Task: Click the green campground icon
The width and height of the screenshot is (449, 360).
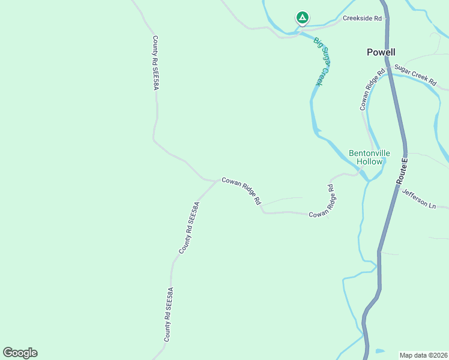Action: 303,18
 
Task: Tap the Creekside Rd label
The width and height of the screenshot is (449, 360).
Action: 362,18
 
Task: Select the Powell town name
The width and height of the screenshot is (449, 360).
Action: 381,52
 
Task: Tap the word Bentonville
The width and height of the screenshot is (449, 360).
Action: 369,153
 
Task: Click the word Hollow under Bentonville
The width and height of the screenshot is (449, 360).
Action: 369,162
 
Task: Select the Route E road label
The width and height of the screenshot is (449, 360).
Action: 403,171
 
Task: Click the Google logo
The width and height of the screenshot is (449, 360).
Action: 20,353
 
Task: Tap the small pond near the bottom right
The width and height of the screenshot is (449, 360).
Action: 379,350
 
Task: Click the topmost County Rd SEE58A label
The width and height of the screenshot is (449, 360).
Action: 155,63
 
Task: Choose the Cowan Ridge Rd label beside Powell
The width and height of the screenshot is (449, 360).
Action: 372,91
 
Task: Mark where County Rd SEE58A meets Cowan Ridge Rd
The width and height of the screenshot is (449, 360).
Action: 217,180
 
